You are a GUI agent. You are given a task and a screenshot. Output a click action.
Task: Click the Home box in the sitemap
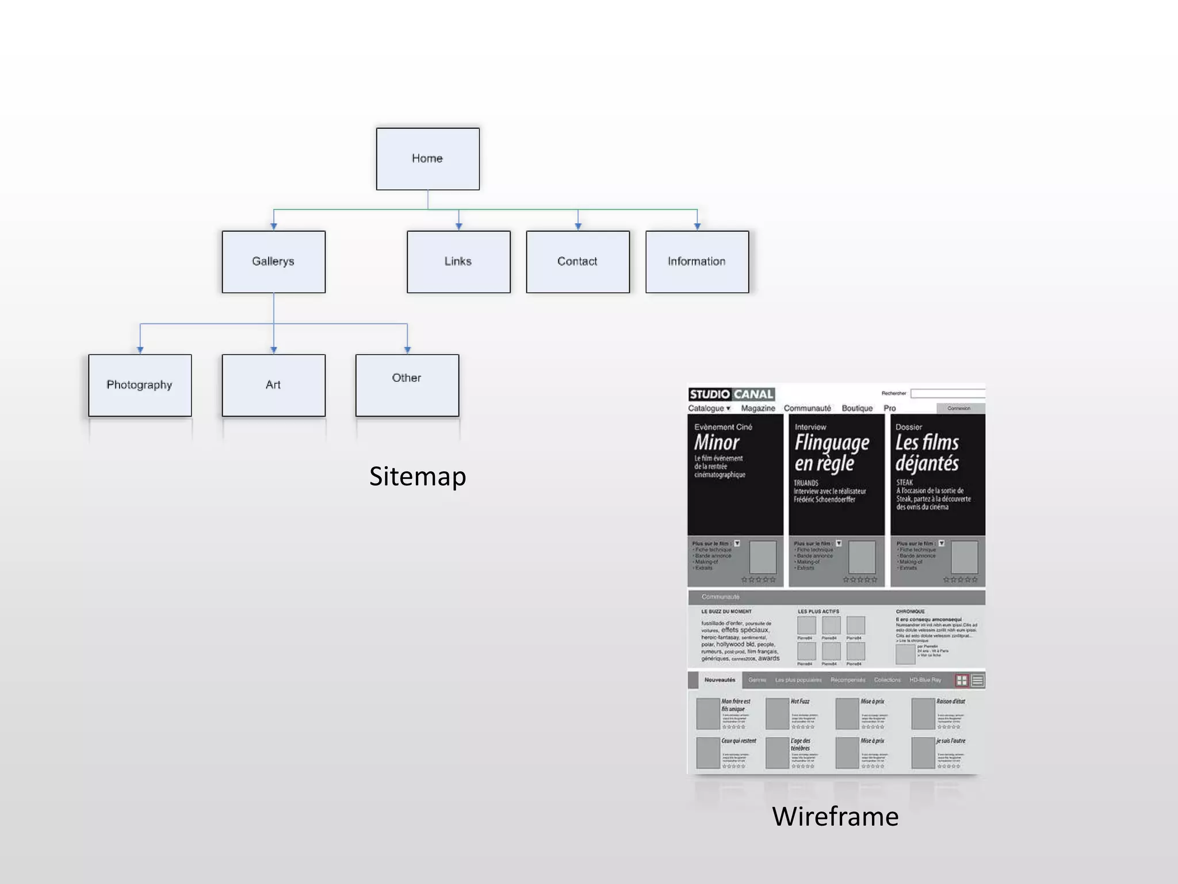(x=427, y=159)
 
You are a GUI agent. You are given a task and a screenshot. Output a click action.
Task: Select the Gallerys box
(x=273, y=262)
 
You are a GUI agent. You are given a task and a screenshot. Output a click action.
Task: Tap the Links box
(x=458, y=262)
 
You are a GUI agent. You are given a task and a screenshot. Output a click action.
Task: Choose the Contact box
(x=577, y=262)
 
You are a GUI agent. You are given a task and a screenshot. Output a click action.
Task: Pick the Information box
(x=697, y=262)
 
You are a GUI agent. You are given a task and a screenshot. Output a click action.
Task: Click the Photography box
(x=140, y=385)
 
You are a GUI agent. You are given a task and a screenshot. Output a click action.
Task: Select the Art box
(x=273, y=385)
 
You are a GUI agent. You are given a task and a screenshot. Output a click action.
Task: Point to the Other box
(x=407, y=385)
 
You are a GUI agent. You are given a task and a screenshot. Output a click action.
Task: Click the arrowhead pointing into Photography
(x=140, y=349)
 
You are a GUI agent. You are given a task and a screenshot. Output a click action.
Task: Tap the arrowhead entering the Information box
(x=697, y=226)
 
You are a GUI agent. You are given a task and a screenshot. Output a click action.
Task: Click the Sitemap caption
(x=417, y=477)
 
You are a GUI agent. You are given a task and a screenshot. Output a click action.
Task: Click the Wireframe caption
(x=835, y=816)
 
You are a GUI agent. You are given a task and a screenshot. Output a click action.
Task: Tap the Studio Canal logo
(x=731, y=394)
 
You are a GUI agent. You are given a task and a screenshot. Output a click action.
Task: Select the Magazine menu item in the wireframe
(x=758, y=408)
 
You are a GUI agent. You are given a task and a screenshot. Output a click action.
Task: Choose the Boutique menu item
(x=857, y=408)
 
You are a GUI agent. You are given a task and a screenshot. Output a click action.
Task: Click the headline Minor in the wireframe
(x=716, y=443)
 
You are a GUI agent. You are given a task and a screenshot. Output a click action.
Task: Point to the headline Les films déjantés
(x=927, y=452)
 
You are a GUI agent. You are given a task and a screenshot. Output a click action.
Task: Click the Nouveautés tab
(x=720, y=680)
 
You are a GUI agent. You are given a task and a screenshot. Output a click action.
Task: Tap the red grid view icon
(x=961, y=680)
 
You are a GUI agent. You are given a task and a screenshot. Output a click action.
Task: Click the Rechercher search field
(x=947, y=394)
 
